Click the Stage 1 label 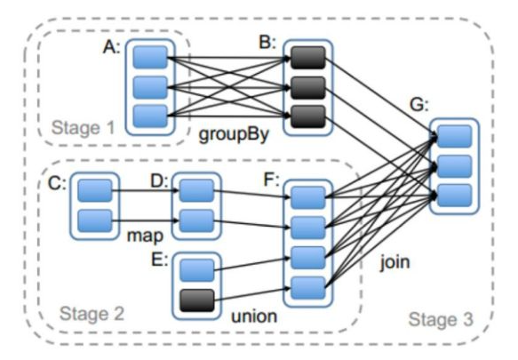83,128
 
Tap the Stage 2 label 92,314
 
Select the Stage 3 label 441,319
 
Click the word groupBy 234,134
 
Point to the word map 145,236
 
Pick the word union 254,316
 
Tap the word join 394,263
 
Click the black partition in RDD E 197,300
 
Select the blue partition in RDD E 197,270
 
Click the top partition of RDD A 150,58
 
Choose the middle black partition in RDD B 308,88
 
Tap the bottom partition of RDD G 454,196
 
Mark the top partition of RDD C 95,191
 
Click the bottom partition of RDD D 196,220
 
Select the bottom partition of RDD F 308,288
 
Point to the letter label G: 418,106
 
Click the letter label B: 267,43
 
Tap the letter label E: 160,260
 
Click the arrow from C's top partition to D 146,191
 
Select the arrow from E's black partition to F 252,294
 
